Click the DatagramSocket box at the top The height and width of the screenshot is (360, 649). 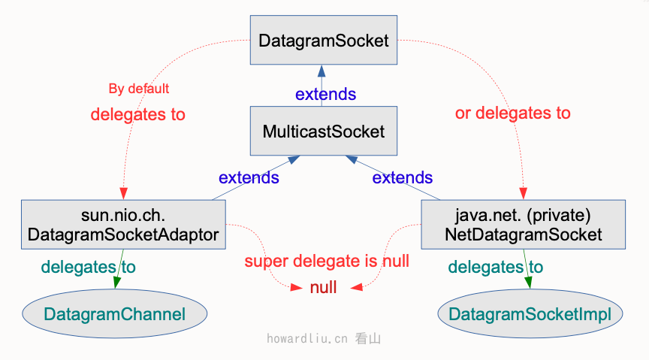point(323,41)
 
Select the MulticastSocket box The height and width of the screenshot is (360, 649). point(323,132)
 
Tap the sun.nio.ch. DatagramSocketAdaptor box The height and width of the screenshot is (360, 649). point(123,224)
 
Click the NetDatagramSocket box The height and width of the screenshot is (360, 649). point(523,224)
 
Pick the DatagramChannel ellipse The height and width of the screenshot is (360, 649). point(114,313)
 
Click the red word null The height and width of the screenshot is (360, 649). point(323,287)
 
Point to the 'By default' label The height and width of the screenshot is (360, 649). point(139,89)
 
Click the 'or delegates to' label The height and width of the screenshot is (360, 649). point(513,113)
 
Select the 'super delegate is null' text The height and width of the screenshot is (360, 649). point(327,262)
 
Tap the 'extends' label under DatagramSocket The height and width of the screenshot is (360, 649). point(325,95)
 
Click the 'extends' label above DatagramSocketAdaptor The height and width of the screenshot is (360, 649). point(249,178)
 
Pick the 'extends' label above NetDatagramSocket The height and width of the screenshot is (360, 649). point(403,178)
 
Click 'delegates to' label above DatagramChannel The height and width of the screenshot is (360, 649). point(88,267)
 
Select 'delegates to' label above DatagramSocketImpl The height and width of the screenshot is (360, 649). point(495,268)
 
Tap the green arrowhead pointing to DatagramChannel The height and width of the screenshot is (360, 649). point(116,282)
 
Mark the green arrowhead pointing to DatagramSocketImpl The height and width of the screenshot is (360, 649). point(528,282)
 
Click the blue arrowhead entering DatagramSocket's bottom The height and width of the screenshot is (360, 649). point(321,71)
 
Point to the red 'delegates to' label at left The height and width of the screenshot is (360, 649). point(137,114)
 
